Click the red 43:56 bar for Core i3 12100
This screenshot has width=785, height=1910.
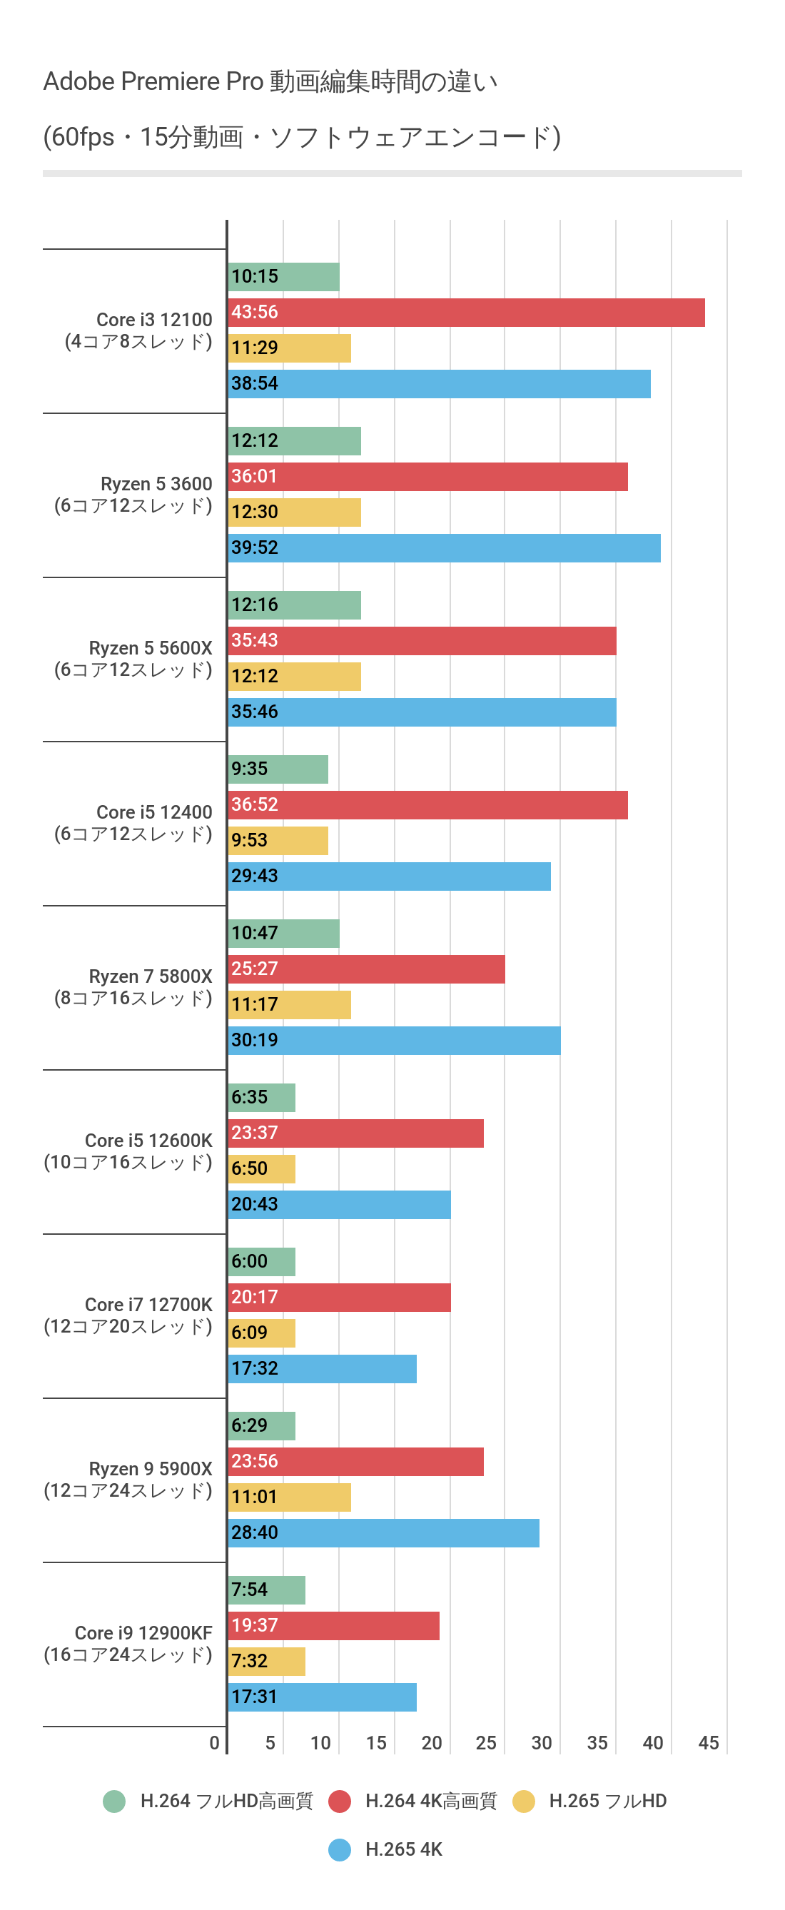(466, 313)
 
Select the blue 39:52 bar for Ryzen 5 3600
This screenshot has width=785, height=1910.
(444, 548)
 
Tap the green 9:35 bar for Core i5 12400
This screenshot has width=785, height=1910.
(278, 769)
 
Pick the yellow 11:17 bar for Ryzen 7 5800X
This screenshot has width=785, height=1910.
(289, 1005)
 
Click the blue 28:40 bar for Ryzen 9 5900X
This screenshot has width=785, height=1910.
(383, 1532)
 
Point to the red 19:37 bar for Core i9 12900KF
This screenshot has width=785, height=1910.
(333, 1625)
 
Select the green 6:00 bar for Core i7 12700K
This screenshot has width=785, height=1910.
(262, 1261)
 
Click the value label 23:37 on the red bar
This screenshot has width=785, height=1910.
(254, 1133)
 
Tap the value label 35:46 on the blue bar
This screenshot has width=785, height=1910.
(254, 712)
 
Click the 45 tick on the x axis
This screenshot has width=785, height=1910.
(708, 1743)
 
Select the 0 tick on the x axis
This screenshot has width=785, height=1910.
(214, 1743)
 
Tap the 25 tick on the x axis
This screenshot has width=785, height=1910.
(485, 1743)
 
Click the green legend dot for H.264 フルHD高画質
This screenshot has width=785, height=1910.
(114, 1801)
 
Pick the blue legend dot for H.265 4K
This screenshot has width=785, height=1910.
(340, 1849)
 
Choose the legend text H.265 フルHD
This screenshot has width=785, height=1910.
(607, 1801)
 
